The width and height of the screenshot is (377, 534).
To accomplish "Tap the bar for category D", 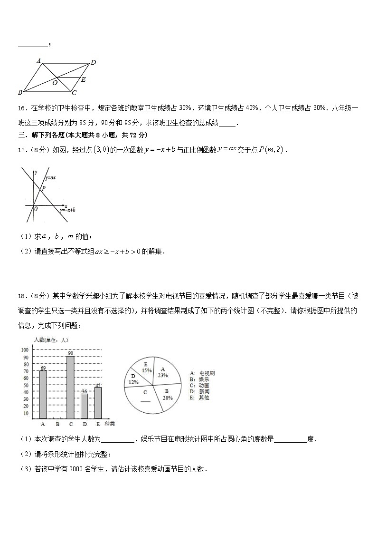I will (85, 406).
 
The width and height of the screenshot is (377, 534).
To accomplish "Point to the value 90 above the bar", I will (70, 353).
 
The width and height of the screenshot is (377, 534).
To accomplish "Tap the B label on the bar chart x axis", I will (57, 424).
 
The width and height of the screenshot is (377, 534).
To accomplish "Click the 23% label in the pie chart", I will (163, 375).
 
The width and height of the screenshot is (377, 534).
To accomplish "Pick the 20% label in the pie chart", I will (167, 398).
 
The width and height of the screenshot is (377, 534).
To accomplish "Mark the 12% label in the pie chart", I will (133, 382).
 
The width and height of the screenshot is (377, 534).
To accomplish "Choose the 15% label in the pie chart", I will (147, 370).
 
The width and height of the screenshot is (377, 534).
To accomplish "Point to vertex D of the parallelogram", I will (93, 62).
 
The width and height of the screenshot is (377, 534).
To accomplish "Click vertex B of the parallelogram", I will (20, 92).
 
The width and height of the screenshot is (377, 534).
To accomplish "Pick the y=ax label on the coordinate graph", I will (51, 177).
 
